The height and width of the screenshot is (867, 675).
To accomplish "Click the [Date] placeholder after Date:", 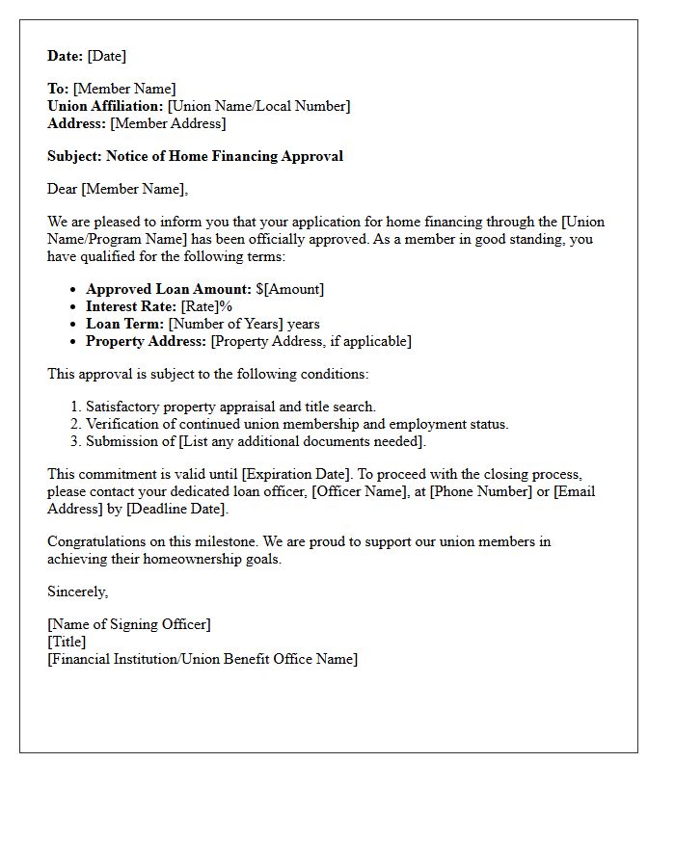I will [107, 56].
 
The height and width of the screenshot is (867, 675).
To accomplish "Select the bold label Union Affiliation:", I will [105, 106].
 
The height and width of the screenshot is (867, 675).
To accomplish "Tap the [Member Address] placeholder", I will [168, 123].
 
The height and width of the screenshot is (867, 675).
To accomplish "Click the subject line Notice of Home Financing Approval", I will [225, 156].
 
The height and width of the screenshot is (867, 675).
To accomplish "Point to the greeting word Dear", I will [63, 189].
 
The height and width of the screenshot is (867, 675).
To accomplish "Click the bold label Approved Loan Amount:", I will [169, 289].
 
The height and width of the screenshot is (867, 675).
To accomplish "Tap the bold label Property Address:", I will [147, 341].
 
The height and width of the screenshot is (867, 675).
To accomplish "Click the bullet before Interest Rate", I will [73, 306].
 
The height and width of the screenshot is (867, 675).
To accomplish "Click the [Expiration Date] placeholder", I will [304, 474].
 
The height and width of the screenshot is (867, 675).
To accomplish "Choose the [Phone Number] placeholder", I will [479, 491].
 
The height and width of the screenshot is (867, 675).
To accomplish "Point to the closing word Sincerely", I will [77, 591].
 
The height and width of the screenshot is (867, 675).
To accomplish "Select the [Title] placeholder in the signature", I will [67, 642].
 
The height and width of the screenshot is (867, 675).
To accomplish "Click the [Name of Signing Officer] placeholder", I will [129, 624].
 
